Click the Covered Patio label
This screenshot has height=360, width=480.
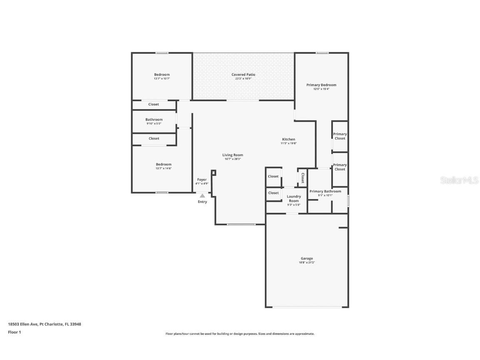coord(243,75)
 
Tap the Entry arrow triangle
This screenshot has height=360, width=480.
coord(202,195)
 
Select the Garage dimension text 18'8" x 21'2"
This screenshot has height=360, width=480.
coord(307,262)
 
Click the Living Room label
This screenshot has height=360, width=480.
coord(232,155)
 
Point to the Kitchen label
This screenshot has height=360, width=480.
coord(288,140)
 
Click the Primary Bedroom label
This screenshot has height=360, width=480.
coord(321,85)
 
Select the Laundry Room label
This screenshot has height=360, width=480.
coord(294,199)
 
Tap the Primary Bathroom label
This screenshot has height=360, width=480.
coord(325,191)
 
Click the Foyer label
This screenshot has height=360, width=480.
coord(202,180)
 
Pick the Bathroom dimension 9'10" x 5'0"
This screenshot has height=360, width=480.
coord(154,123)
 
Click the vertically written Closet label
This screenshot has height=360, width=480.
coord(302,178)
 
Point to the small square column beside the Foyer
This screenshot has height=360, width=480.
coord(213,172)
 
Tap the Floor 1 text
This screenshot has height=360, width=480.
coord(14,332)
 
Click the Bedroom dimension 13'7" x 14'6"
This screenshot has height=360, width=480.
coord(163,168)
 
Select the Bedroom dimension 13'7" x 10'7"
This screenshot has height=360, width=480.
coord(162,78)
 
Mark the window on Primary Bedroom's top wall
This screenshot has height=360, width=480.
coord(322,53)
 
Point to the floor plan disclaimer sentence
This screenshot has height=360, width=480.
coord(240,334)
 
